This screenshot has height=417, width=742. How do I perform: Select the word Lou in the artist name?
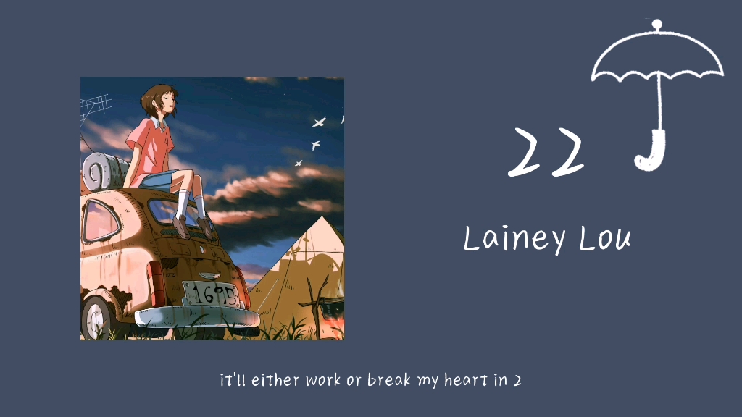point(604,238)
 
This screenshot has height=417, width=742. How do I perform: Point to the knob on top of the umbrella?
point(656,25)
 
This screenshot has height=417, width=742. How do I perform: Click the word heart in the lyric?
point(465,381)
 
